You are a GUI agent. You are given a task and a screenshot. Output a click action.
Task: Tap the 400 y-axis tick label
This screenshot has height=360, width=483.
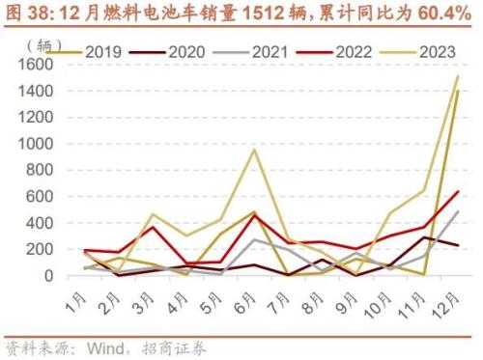tap(38, 223)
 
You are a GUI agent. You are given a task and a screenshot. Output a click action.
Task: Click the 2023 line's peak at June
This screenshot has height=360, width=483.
tap(254, 150)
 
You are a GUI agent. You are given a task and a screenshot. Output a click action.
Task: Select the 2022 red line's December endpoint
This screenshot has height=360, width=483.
tap(457, 191)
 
